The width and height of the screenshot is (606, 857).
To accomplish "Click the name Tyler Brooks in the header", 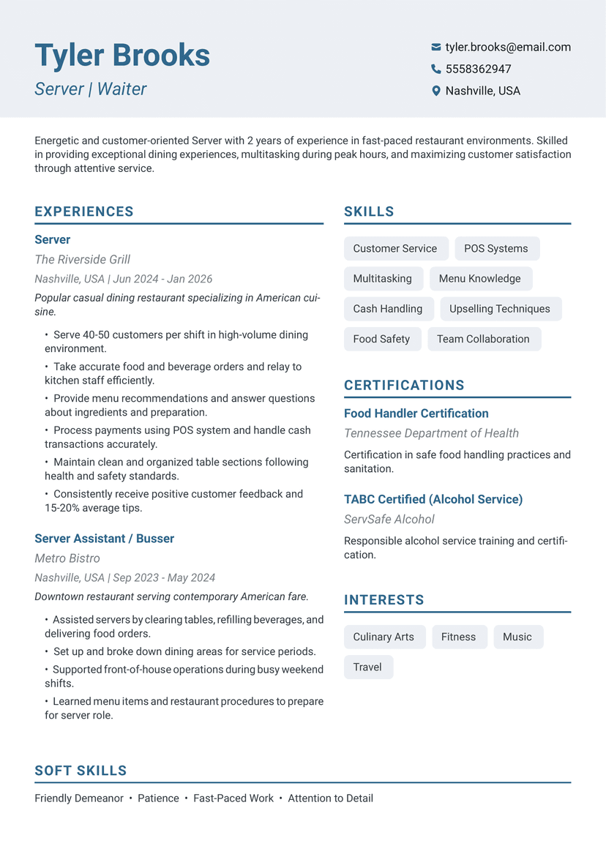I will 122,56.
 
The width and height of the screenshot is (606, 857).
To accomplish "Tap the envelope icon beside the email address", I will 436,47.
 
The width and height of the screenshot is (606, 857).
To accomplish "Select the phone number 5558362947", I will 478,69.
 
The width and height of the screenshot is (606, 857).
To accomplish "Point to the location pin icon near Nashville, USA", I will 436,91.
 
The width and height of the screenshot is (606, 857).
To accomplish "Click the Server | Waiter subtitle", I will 91,89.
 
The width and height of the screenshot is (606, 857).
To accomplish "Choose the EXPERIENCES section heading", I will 84,212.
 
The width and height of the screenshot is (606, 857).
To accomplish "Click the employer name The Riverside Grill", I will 82,259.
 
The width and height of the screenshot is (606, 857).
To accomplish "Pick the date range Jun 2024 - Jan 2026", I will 162,279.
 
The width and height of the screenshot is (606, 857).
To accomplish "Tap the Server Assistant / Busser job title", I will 104,538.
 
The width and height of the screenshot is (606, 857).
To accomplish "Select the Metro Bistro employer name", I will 67,558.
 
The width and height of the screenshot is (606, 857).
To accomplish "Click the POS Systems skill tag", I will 496,248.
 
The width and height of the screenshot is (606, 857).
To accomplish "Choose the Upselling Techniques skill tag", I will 500,308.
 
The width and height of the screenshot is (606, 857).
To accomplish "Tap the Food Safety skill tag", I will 381,339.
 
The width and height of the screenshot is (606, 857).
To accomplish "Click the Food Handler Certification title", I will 416,413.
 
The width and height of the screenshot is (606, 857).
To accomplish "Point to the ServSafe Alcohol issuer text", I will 389,519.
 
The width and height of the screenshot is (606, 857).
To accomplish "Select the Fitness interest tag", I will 458,637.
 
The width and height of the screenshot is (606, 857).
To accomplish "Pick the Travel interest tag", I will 367,667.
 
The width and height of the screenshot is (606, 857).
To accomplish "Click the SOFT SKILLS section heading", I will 81,770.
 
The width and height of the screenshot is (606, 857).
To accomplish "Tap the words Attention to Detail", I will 330,798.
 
